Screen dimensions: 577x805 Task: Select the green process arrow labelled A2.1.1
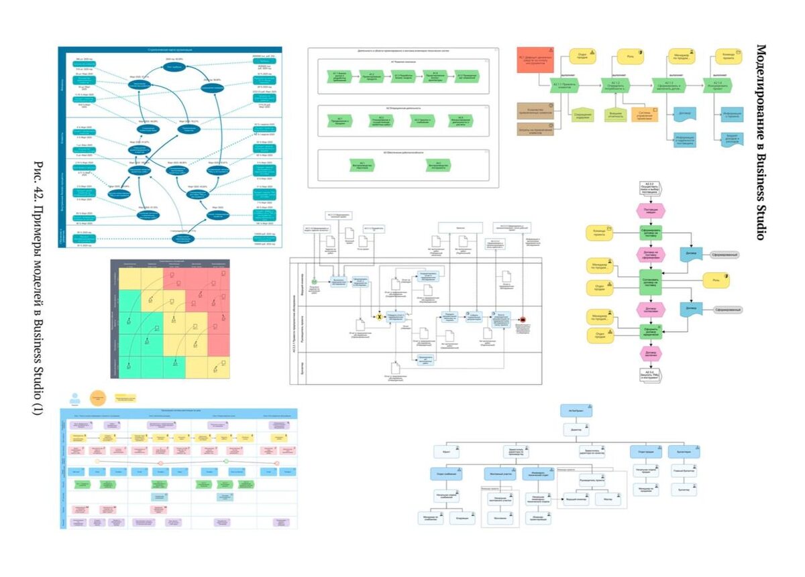[564, 85]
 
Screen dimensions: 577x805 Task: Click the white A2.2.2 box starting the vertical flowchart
[649, 186]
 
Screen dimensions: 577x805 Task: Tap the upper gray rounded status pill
[724, 255]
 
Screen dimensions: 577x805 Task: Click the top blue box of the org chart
[576, 410]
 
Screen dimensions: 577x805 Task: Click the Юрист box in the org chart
[448, 452]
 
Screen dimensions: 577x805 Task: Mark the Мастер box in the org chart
[608, 499]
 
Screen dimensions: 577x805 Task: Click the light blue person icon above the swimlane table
[75, 397]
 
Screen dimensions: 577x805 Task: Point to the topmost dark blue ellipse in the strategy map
[174, 68]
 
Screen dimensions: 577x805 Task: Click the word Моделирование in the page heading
[761, 80]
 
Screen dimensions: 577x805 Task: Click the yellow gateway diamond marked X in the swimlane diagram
[379, 316]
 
